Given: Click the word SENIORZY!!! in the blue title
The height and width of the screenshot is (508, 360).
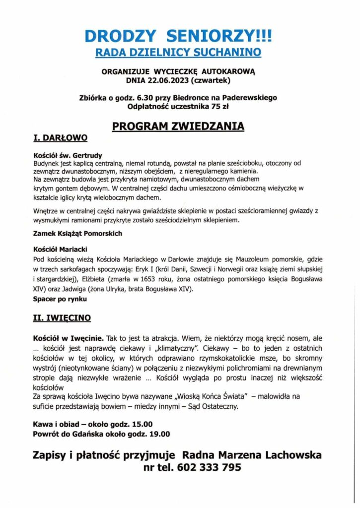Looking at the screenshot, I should click(220, 36).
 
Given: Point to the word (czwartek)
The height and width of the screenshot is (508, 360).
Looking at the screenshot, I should click(214, 79).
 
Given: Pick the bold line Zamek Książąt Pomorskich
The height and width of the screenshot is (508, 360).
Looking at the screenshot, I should click(77, 233).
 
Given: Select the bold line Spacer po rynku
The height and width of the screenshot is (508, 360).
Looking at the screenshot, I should click(60, 299).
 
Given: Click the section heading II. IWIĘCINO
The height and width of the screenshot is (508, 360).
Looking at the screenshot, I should click(62, 317).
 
